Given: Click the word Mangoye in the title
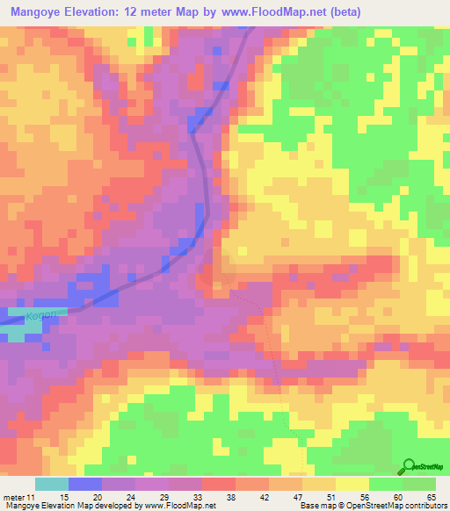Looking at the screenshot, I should tap(36, 12).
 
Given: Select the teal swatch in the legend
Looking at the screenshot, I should tap(52, 484).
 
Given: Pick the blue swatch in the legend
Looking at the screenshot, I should tap(85, 484).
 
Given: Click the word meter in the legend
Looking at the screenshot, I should tap(16, 496).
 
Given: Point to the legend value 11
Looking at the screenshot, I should tap(35, 496).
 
